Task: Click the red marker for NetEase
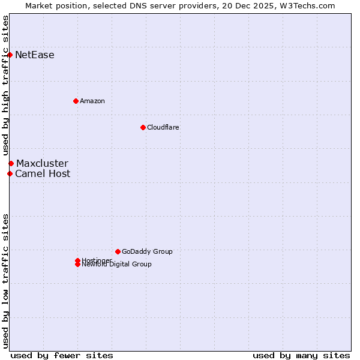(10, 55)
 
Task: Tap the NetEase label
(35, 55)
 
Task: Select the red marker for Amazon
(76, 101)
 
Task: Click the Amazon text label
(92, 101)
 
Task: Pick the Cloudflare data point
(143, 127)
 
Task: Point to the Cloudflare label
(163, 127)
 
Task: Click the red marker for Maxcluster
(11, 163)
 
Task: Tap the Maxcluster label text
(42, 163)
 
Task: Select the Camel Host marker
(10, 174)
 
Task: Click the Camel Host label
(43, 174)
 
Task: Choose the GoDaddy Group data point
(118, 251)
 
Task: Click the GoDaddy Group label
(147, 251)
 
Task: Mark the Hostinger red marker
(77, 260)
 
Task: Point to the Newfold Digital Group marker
(77, 265)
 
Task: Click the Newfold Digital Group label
(117, 265)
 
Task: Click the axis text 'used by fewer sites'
(62, 355)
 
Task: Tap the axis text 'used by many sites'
(301, 355)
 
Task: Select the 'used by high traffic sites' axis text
(5, 86)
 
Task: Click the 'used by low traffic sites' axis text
(5, 281)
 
